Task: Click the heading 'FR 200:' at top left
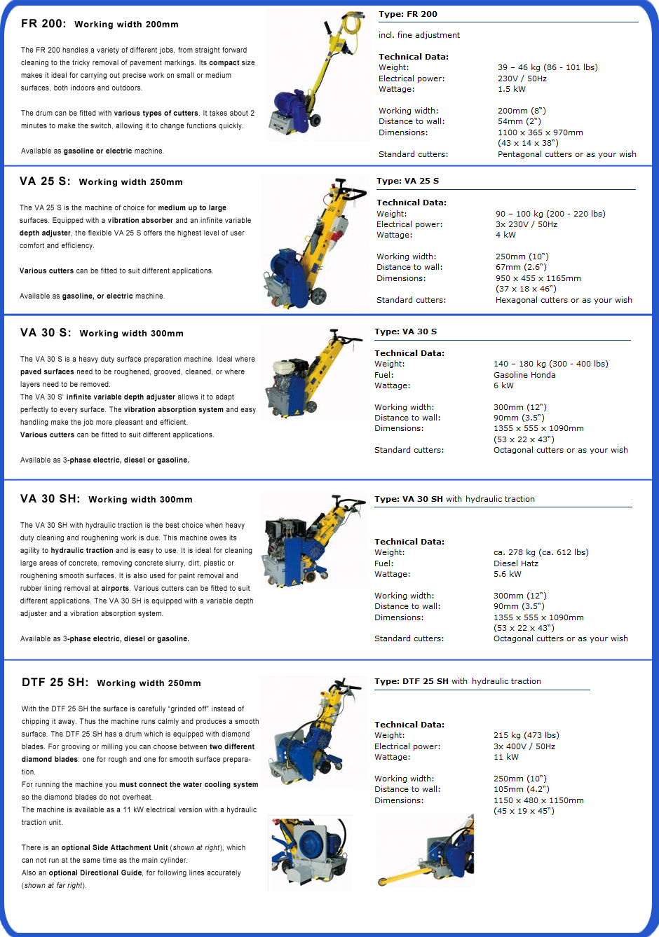click(43, 23)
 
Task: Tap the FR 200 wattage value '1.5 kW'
click(511, 89)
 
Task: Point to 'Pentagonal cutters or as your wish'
click(567, 154)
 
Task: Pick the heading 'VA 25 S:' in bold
click(45, 181)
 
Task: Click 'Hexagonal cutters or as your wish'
click(564, 300)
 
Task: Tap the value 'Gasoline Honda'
click(524, 375)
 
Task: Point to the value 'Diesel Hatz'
click(516, 563)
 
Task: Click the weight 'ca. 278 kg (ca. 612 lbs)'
click(541, 552)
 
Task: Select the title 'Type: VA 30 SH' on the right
click(409, 499)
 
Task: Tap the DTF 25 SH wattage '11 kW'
click(506, 757)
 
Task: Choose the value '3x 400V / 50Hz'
click(524, 746)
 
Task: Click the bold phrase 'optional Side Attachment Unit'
click(115, 847)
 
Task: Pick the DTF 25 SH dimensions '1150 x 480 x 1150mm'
click(538, 800)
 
